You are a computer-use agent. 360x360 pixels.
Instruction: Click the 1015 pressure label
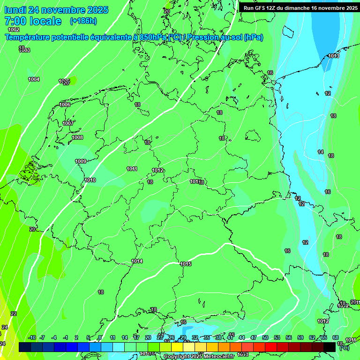pyautogui.click(x=186, y=264)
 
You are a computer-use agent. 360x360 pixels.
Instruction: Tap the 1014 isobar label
pyautogui.click(x=137, y=261)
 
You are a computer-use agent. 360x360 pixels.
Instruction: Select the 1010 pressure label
pyautogui.click(x=90, y=180)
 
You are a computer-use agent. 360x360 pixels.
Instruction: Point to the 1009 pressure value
pyautogui.click(x=81, y=161)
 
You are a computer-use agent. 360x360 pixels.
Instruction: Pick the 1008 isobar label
pyautogui.click(x=77, y=137)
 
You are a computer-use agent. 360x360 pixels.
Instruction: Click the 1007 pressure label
pyautogui.click(x=68, y=123)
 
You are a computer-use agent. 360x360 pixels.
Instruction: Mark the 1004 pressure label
pyautogui.click(x=34, y=79)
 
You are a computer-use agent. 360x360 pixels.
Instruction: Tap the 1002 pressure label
pyautogui.click(x=14, y=30)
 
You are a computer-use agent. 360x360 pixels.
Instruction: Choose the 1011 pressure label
pyautogui.click(x=132, y=169)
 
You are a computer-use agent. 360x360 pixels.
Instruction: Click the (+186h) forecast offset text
pyautogui.click(x=83, y=21)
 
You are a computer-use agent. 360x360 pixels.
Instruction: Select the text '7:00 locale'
pyautogui.click(x=33, y=21)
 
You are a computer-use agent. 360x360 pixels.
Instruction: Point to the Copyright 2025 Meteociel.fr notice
pyautogui.click(x=199, y=356)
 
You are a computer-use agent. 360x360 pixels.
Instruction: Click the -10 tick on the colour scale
pyautogui.click(x=32, y=337)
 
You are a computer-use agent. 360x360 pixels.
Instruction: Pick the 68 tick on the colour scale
pyautogui.click(x=336, y=337)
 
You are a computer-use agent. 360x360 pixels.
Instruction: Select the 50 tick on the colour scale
pyautogui.click(x=265, y=337)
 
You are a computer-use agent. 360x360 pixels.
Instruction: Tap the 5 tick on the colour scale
pyautogui.click(x=88, y=337)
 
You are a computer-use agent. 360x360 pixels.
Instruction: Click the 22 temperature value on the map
pyautogui.click(x=14, y=314)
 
